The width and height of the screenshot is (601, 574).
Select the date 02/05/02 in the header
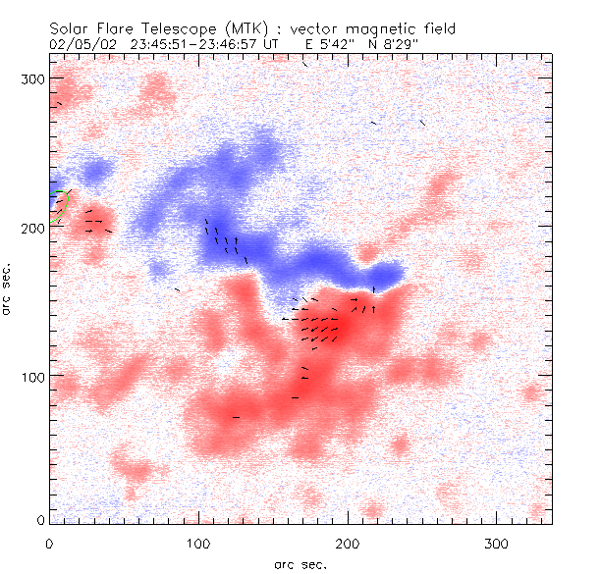tap(78, 43)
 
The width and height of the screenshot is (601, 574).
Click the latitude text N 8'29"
tap(395, 43)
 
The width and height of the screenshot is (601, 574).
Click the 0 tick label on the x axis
tap(49, 543)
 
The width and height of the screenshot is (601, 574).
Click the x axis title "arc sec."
tap(300, 564)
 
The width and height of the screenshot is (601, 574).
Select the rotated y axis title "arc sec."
tap(9, 289)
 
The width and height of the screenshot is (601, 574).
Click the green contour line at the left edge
tap(62, 205)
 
